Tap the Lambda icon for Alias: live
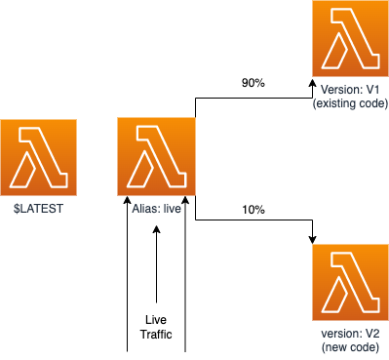coord(156,157)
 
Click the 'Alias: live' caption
coord(156,207)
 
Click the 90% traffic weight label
coord(253,83)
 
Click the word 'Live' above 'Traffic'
coord(157,320)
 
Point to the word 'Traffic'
coord(157,335)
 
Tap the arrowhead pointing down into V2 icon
coord(312,240)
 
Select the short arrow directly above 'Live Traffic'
coord(157,263)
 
